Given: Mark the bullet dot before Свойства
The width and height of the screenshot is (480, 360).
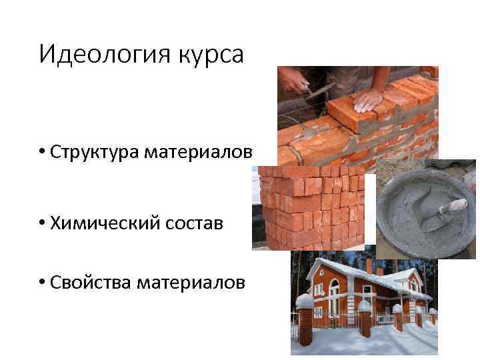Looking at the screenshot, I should tap(42, 283).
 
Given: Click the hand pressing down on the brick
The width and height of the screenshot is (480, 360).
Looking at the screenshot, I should tap(368, 101).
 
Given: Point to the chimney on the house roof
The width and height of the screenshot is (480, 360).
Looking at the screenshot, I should tap(369, 265).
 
